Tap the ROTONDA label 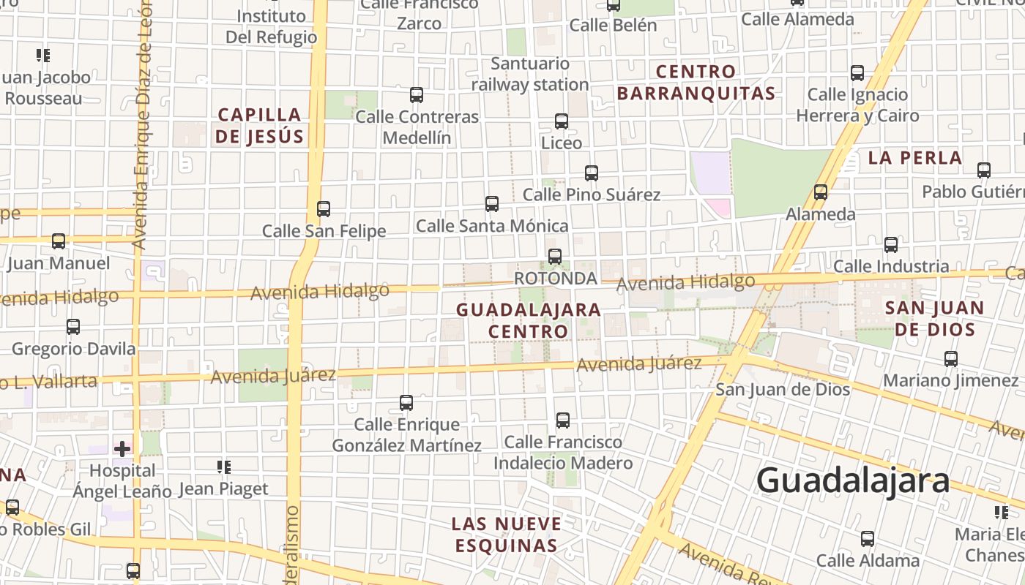pos(556,279)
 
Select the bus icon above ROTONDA pos(555,257)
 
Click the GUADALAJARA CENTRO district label pos(529,320)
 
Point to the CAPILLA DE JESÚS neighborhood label pos(259,125)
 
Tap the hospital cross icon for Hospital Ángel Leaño pos(122,448)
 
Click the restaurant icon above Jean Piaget pos(224,467)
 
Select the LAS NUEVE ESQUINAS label pos(507,535)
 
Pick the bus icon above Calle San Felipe pos(324,209)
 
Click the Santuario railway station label pos(529,74)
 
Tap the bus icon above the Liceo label pos(562,121)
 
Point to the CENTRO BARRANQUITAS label pos(696,82)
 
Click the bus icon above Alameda pos(821,192)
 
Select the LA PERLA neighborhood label pos(914,157)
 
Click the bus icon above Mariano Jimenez pos(951,359)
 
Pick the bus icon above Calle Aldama pos(868,539)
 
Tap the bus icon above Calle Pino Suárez pos(592,173)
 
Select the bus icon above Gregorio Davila pos(73,327)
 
